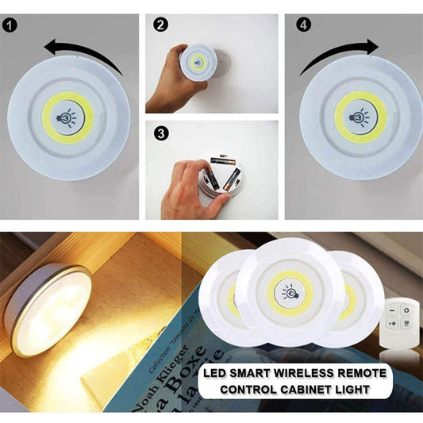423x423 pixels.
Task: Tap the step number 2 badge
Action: click(x=161, y=25)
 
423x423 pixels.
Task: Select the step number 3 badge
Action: click(x=161, y=133)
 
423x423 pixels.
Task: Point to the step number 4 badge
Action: click(x=302, y=25)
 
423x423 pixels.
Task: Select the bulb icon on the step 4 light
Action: click(x=360, y=116)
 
